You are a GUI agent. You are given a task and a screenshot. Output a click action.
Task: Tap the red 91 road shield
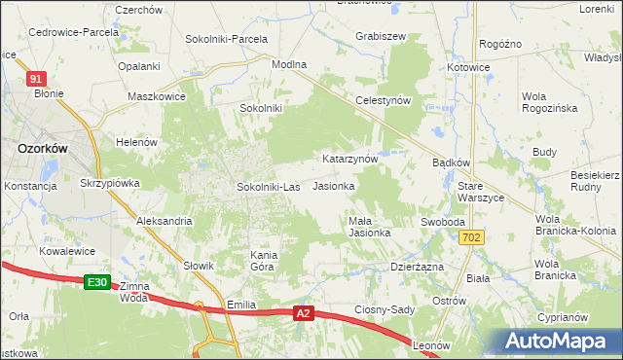36,78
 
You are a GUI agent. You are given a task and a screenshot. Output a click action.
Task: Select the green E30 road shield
95,282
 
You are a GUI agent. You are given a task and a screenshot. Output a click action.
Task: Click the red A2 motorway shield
305,312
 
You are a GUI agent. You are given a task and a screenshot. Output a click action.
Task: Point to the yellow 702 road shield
472,237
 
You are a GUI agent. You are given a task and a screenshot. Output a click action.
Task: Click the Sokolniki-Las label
268,186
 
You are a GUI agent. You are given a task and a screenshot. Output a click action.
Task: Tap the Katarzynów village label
349,158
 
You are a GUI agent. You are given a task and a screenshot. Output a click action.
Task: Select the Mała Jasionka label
370,227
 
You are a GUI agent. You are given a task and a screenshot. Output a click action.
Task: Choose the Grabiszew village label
381,36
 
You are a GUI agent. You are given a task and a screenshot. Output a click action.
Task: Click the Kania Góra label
264,260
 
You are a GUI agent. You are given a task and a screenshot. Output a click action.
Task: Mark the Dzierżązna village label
417,266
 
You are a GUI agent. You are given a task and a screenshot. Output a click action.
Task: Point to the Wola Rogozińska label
550,102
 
